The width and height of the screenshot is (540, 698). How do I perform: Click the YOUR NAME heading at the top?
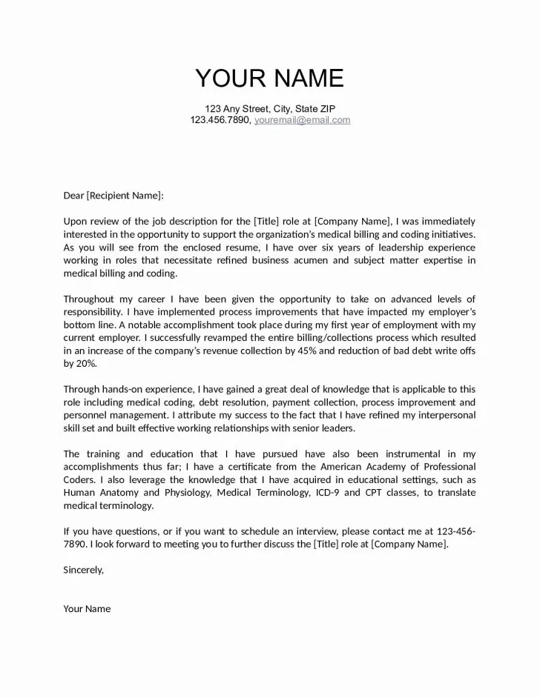click(x=269, y=78)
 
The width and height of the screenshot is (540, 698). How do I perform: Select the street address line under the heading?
click(x=269, y=108)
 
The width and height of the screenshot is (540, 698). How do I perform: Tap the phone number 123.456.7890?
click(x=220, y=120)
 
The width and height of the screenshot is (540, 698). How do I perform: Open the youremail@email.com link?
click(x=303, y=120)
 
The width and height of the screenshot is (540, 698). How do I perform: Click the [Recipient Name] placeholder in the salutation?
click(x=122, y=196)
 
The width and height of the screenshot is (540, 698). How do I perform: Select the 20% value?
click(x=85, y=363)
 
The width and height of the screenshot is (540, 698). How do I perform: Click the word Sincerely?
click(x=83, y=570)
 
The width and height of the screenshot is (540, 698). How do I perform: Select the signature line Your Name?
click(x=87, y=608)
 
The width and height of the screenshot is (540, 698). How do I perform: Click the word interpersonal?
click(x=444, y=415)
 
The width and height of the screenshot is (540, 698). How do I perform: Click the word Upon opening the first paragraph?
click(x=75, y=222)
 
